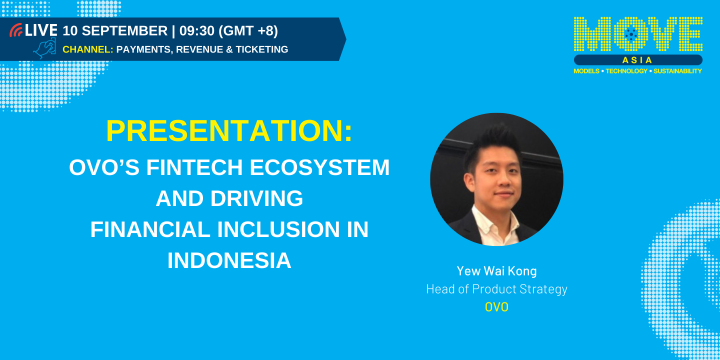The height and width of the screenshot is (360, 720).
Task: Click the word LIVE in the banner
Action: (x=41, y=30)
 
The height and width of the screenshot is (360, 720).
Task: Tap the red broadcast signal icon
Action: (x=16, y=30)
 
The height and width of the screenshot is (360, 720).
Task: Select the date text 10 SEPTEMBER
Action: (x=115, y=31)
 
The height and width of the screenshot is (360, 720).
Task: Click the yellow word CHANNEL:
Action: (x=87, y=49)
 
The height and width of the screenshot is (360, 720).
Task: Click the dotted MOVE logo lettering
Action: (x=637, y=34)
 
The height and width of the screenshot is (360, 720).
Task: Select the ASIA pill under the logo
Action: (x=637, y=60)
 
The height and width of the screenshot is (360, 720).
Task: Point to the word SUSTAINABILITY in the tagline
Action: (x=678, y=71)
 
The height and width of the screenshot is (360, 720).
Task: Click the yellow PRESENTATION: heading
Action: (x=229, y=131)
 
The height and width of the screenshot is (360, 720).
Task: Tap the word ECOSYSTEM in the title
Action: (x=319, y=167)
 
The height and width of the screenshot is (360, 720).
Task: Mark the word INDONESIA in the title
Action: (x=229, y=260)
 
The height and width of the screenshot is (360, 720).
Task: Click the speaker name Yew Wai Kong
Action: (x=496, y=271)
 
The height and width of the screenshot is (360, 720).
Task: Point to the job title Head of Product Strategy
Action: (x=496, y=289)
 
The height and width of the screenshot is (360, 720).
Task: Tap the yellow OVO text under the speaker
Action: (x=496, y=307)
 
